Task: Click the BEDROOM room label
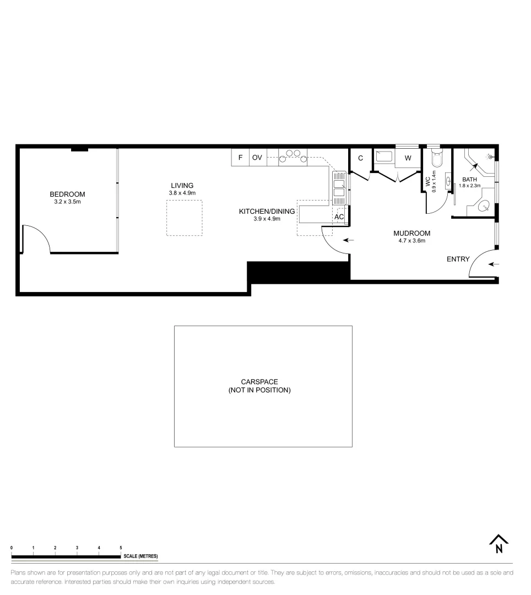[67, 194]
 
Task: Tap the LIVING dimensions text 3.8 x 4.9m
[182, 193]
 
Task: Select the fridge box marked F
[240, 158]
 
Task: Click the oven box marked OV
[257, 158]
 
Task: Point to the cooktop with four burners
[292, 156]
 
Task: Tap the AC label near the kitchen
[339, 217]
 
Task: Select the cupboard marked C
[361, 158]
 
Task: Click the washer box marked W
[408, 158]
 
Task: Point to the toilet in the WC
[437, 158]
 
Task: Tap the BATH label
[470, 180]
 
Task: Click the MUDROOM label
[411, 233]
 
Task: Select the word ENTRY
[458, 259]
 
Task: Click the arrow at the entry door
[494, 264]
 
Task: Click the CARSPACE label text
[259, 382]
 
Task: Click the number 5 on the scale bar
[121, 547]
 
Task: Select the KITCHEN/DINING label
[267, 211]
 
